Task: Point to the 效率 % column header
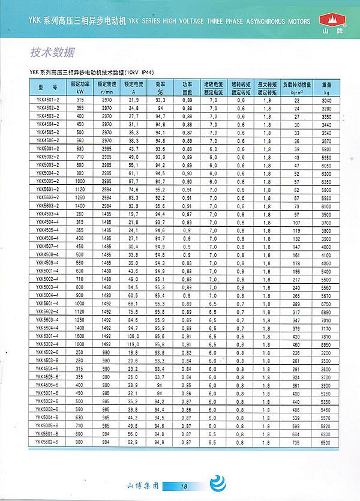pos(160,89)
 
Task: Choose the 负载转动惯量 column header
pos(296,89)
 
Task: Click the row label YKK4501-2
pos(48,100)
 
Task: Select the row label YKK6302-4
pos(48,344)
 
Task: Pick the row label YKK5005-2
pos(48,180)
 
